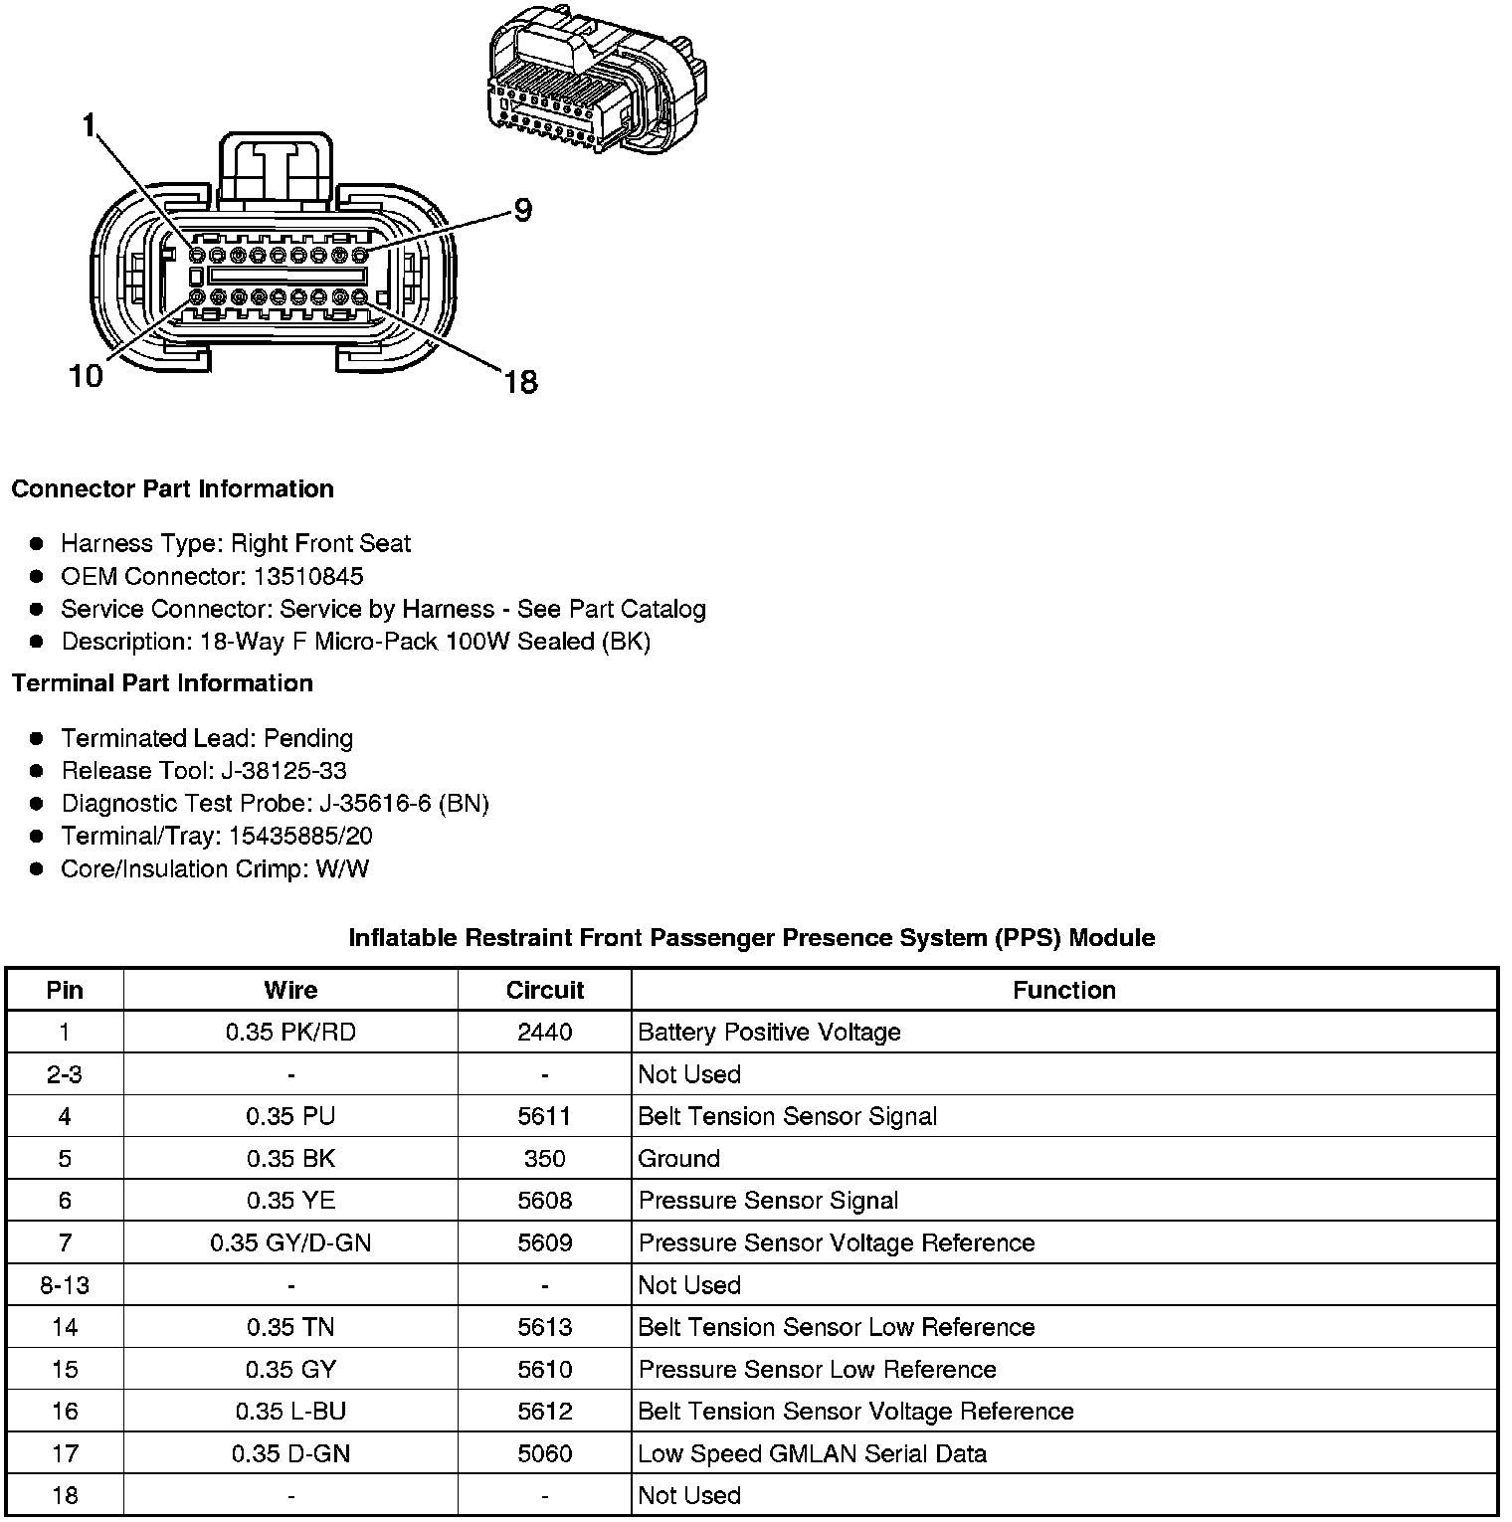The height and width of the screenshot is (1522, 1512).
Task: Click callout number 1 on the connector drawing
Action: (90, 125)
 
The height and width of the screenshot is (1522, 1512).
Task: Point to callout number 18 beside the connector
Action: (520, 381)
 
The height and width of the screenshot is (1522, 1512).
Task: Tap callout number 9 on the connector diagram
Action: (522, 210)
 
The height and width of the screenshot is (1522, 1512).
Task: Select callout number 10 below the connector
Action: (87, 376)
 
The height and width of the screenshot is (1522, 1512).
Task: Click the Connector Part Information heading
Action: (172, 489)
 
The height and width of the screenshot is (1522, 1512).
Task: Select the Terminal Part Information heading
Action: (162, 683)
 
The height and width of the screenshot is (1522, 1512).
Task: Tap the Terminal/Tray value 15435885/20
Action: (300, 837)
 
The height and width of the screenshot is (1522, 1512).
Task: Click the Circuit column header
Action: (544, 990)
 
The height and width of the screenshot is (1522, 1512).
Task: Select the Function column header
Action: (1063, 990)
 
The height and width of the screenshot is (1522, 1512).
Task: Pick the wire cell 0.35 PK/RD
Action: (290, 1033)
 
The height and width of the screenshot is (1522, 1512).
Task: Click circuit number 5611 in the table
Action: (544, 1116)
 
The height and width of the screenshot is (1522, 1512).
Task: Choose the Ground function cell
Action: (678, 1159)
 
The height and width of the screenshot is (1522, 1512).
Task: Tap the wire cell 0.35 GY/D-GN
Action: (290, 1243)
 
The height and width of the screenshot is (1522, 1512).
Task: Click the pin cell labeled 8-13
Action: (65, 1285)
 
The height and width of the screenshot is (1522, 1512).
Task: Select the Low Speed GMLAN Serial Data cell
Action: (812, 1454)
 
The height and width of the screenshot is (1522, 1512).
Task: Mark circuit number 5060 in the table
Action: (544, 1454)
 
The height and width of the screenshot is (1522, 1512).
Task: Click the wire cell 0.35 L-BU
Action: (290, 1412)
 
